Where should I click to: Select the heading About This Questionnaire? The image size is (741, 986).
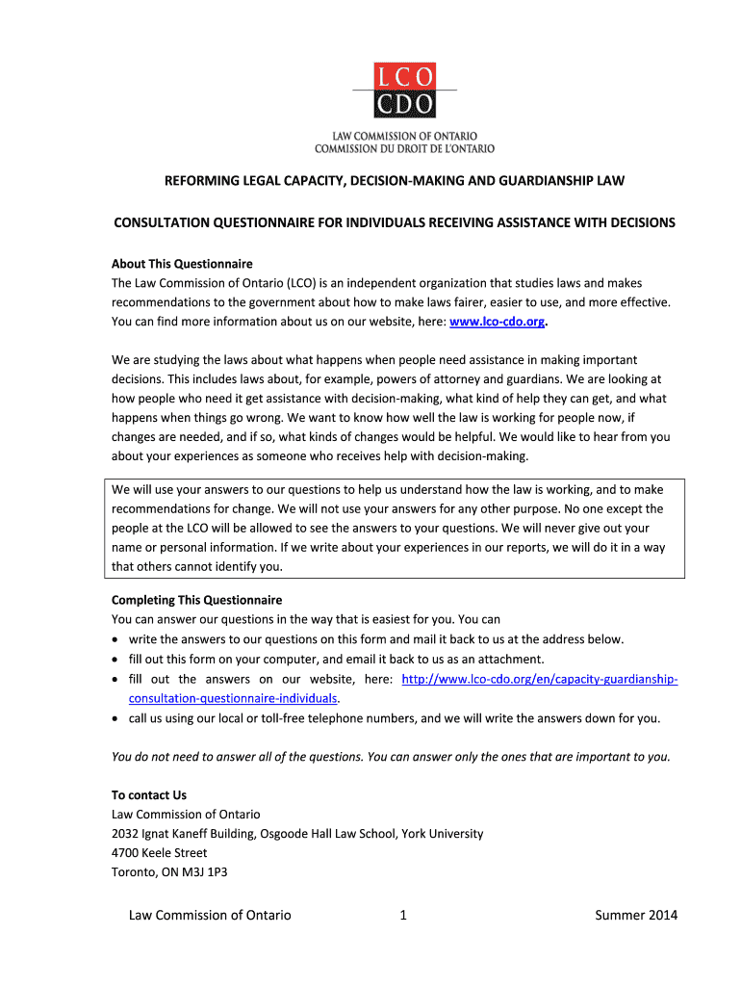coord(182,264)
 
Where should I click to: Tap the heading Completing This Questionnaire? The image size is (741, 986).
coord(196,599)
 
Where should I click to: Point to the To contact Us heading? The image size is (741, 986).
coord(149,795)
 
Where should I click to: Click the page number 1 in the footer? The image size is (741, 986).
coord(403,915)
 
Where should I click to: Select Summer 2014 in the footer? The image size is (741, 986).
coord(636,915)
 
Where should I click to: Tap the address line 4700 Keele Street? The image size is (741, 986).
coord(159,853)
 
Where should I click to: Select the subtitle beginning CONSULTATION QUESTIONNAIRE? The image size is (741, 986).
coord(395,222)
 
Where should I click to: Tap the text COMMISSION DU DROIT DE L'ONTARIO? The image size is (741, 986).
coord(404,148)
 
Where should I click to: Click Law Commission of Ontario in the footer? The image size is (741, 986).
coord(210,915)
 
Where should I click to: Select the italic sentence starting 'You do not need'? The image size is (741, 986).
coord(391,757)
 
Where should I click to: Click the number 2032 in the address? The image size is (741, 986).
coord(125,834)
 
